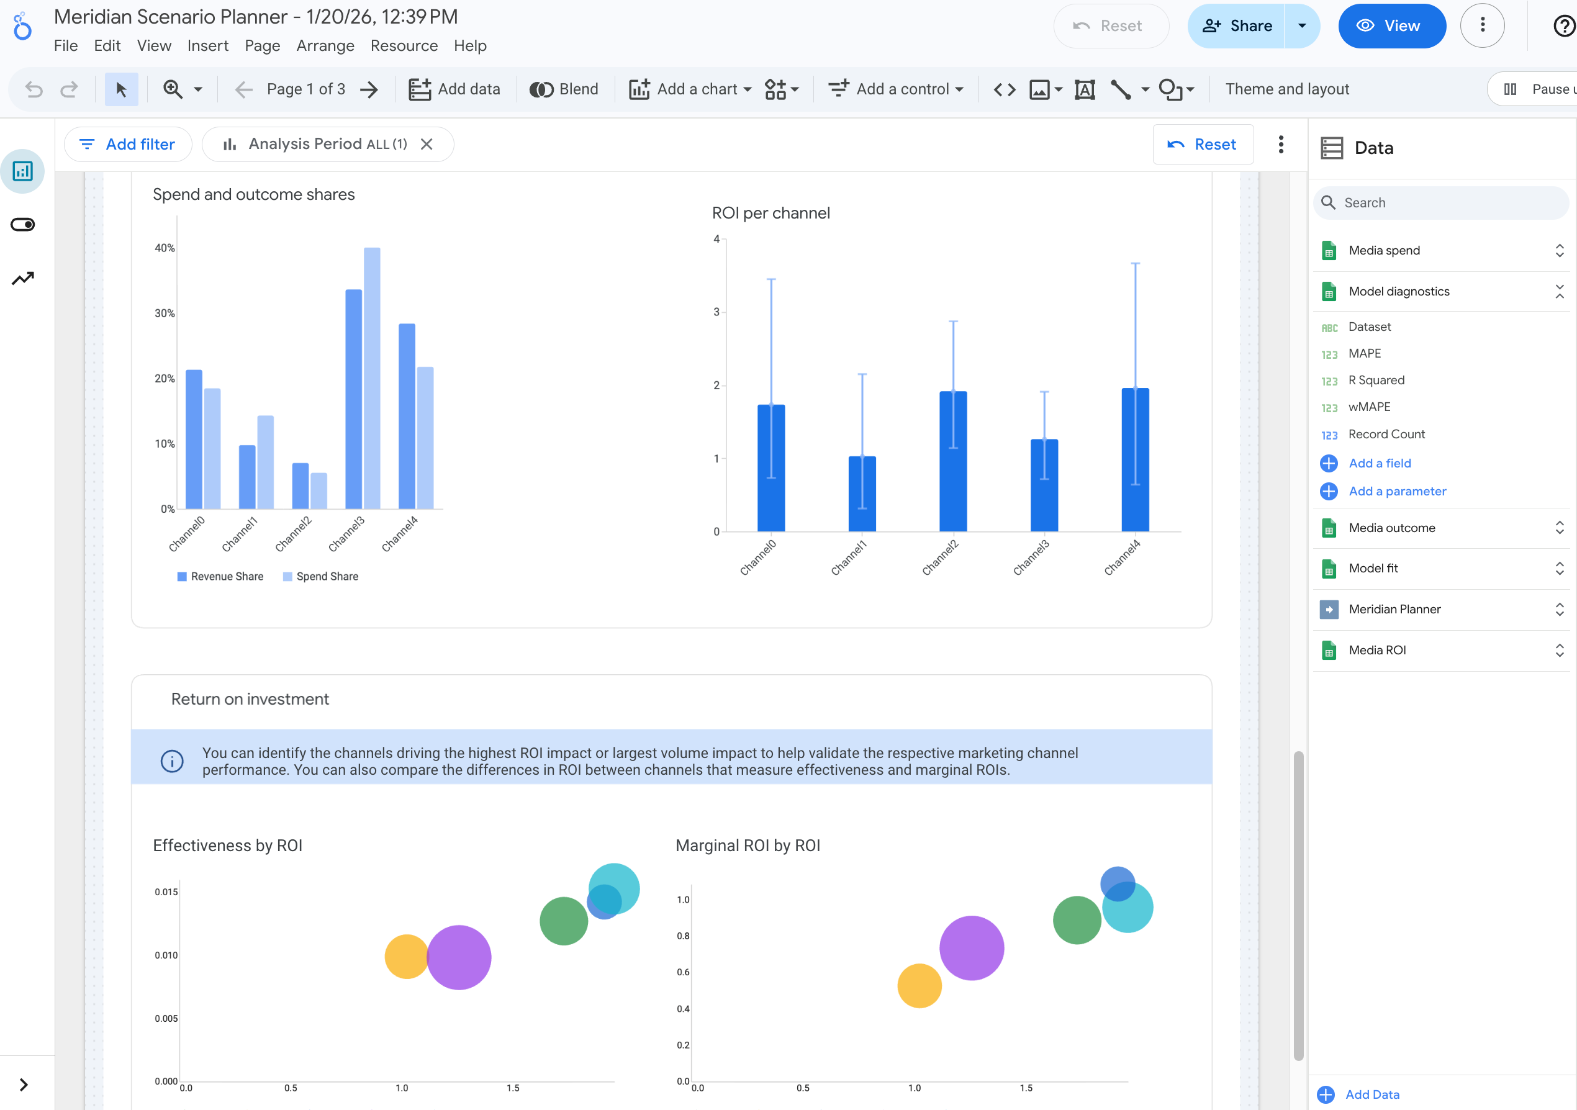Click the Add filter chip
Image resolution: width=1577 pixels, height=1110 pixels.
128,144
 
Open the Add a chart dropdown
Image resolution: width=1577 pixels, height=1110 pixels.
690,89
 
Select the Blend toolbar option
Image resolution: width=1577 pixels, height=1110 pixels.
564,89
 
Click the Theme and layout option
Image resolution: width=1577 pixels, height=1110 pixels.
1286,89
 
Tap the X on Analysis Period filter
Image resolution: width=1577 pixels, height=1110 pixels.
427,144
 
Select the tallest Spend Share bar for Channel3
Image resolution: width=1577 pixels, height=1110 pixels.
371,378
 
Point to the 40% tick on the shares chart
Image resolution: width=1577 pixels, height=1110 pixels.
165,248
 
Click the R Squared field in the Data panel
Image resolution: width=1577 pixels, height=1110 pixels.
1376,380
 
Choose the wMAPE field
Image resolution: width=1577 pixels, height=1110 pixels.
1369,407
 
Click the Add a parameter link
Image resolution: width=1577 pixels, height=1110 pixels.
1396,491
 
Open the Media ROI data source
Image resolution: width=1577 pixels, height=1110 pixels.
1377,650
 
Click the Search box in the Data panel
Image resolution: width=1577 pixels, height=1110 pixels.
1442,202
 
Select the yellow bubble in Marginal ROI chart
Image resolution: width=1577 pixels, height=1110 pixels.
919,986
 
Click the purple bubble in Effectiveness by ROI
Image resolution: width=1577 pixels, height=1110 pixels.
459,957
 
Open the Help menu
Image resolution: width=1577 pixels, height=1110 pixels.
470,46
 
